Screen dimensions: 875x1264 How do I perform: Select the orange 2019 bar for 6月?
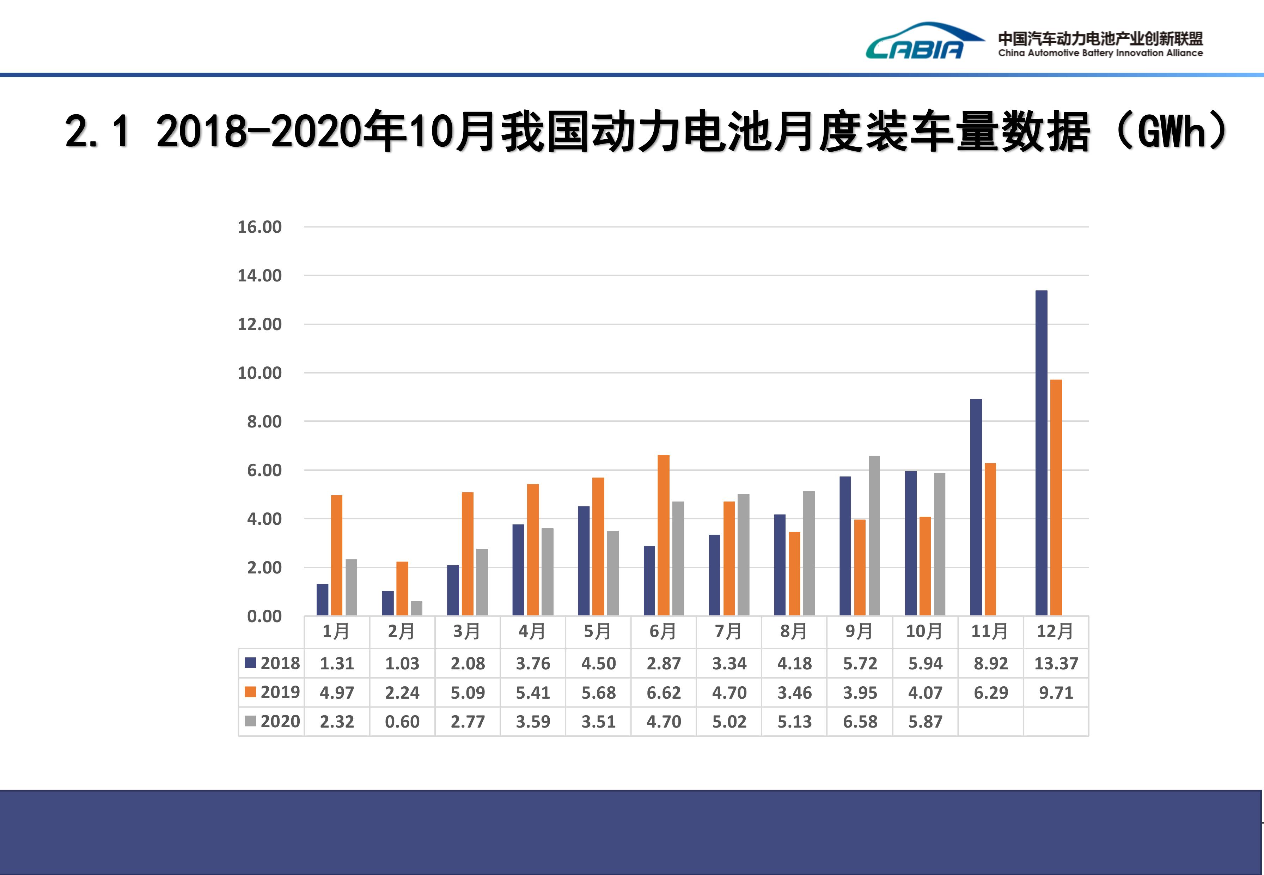663,535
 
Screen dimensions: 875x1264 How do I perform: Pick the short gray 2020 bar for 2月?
417,608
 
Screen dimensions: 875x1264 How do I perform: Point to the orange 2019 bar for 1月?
337,555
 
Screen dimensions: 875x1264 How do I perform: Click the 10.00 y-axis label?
259,373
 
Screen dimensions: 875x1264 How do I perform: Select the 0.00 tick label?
264,616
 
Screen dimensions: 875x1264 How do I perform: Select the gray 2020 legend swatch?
250,721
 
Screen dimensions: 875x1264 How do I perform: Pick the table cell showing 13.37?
1056,663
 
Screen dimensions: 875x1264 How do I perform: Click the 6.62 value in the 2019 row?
663,692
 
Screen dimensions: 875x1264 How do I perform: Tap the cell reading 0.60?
402,722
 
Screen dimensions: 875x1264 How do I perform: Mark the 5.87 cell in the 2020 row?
925,722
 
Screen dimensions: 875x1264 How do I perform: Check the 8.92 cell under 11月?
990,663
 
